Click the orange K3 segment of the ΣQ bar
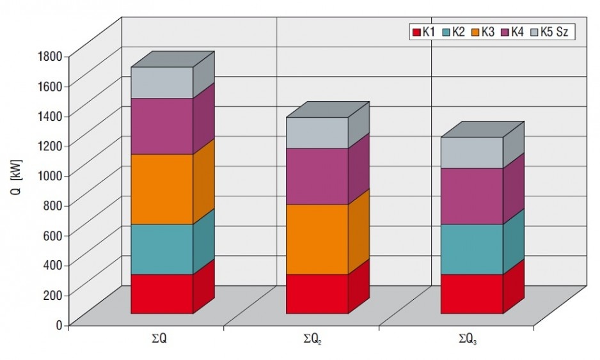point(162,189)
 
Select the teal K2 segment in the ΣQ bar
point(162,249)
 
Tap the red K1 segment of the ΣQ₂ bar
point(317,293)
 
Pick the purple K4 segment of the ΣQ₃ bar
point(472,196)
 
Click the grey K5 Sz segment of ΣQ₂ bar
point(317,133)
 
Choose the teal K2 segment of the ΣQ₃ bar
point(472,249)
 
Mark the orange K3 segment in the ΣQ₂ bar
point(317,240)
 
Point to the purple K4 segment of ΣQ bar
point(162,126)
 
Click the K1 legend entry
point(423,32)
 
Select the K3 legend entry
point(483,32)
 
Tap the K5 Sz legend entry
point(549,32)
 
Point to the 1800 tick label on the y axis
point(50,56)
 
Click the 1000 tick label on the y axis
point(50,176)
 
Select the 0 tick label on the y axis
point(59,325)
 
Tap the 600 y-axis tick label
point(52,235)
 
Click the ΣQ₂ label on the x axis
point(312,340)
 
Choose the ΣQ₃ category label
point(468,340)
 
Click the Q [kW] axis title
point(17,178)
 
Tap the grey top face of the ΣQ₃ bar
point(483,129)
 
